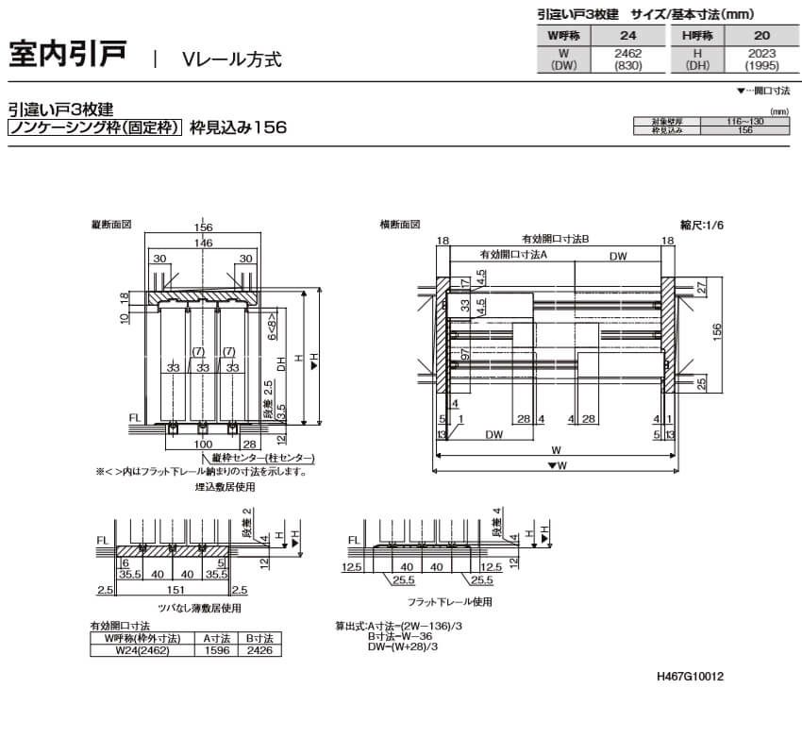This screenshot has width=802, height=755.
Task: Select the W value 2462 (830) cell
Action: point(628,60)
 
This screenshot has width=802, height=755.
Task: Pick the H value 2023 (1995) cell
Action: point(760,60)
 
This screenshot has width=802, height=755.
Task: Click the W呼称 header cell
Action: point(562,35)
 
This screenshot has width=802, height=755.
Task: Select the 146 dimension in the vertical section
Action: point(203,243)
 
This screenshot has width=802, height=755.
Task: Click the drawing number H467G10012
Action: point(690,677)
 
